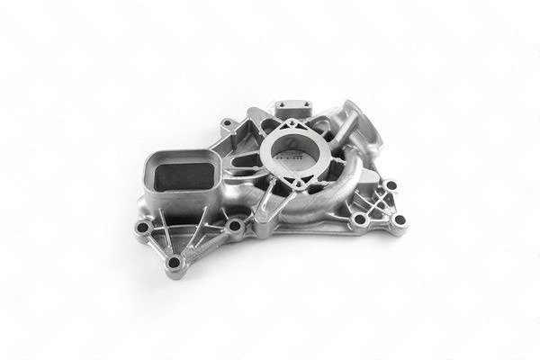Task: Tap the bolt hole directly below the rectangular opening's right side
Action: [235, 226]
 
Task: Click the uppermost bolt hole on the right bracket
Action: [390, 185]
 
